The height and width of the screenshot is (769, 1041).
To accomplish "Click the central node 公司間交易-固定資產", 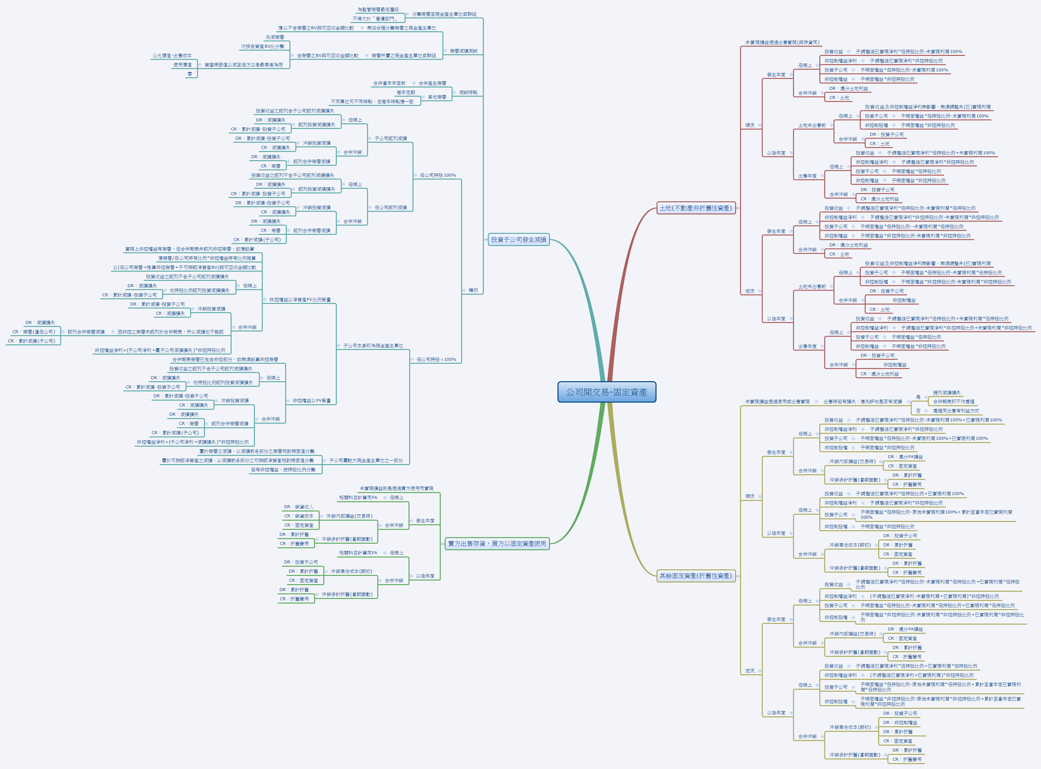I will pos(607,392).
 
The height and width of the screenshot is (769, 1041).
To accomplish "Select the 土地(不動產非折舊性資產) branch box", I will pos(695,208).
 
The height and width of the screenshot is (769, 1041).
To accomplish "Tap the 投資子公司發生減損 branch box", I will pos(518,240).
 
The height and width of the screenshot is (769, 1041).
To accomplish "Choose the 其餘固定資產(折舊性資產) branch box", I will pos(695,576).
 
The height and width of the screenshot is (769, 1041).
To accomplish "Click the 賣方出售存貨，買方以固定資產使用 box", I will pos(497,543).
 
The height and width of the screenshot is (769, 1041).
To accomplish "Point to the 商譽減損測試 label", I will pos(463,51).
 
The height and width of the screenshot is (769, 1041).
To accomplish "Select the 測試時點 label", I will pos(468,92).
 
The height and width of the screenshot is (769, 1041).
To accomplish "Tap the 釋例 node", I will pos(473,290).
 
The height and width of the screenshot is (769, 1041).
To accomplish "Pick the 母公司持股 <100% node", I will pos(436,360).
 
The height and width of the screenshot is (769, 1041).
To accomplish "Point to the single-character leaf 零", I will pos(189,74).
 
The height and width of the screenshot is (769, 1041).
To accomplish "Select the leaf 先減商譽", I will pos(275,37).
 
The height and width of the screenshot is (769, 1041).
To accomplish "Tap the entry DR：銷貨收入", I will pos(299,507).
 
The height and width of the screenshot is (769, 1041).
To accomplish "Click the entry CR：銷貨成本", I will pos(299,516).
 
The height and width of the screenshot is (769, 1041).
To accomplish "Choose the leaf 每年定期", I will pos(406,92).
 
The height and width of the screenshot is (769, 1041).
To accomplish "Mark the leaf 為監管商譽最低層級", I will pos(378,9).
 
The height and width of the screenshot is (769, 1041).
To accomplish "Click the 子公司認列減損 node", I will pos(390,138).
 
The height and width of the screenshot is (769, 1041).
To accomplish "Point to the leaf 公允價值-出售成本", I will pos(172,55).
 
